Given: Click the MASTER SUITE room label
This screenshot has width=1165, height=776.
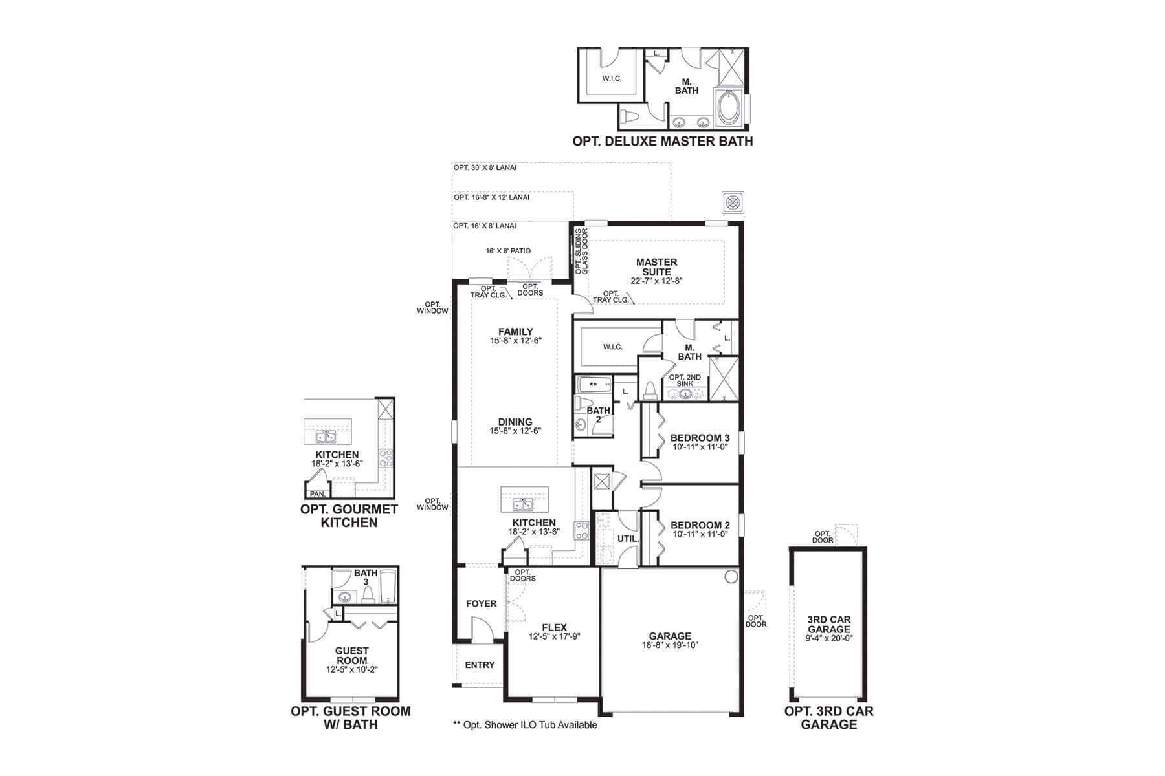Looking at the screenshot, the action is (656, 267).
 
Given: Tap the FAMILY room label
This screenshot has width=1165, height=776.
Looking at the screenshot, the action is (516, 332).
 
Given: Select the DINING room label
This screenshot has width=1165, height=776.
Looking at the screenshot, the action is (515, 422).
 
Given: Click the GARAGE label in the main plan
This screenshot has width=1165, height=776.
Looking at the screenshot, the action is (670, 636).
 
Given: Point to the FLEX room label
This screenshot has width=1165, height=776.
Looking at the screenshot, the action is (554, 627).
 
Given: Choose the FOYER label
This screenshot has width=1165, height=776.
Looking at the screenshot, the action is (482, 603).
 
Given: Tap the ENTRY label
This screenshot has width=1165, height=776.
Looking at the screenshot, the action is (480, 665).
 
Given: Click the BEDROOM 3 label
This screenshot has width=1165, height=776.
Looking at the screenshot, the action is (700, 438).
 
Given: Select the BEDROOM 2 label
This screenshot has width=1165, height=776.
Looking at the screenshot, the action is (700, 525).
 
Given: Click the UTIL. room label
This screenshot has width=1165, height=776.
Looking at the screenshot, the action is (628, 538).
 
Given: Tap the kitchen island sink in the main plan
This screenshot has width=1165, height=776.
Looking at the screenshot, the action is (523, 504).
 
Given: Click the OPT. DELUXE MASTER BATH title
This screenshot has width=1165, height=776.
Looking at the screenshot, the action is (663, 141).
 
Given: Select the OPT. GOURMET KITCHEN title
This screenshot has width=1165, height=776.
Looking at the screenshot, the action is (349, 515).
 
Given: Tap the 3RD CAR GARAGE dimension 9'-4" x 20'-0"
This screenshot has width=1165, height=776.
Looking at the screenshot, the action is (829, 638).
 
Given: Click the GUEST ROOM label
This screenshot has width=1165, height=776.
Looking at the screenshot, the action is (351, 656).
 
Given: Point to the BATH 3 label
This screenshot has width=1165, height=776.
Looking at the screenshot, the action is (366, 577).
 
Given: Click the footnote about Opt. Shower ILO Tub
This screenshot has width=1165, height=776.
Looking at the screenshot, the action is (525, 725).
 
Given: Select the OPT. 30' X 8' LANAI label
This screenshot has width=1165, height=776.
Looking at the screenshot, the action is (485, 167).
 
